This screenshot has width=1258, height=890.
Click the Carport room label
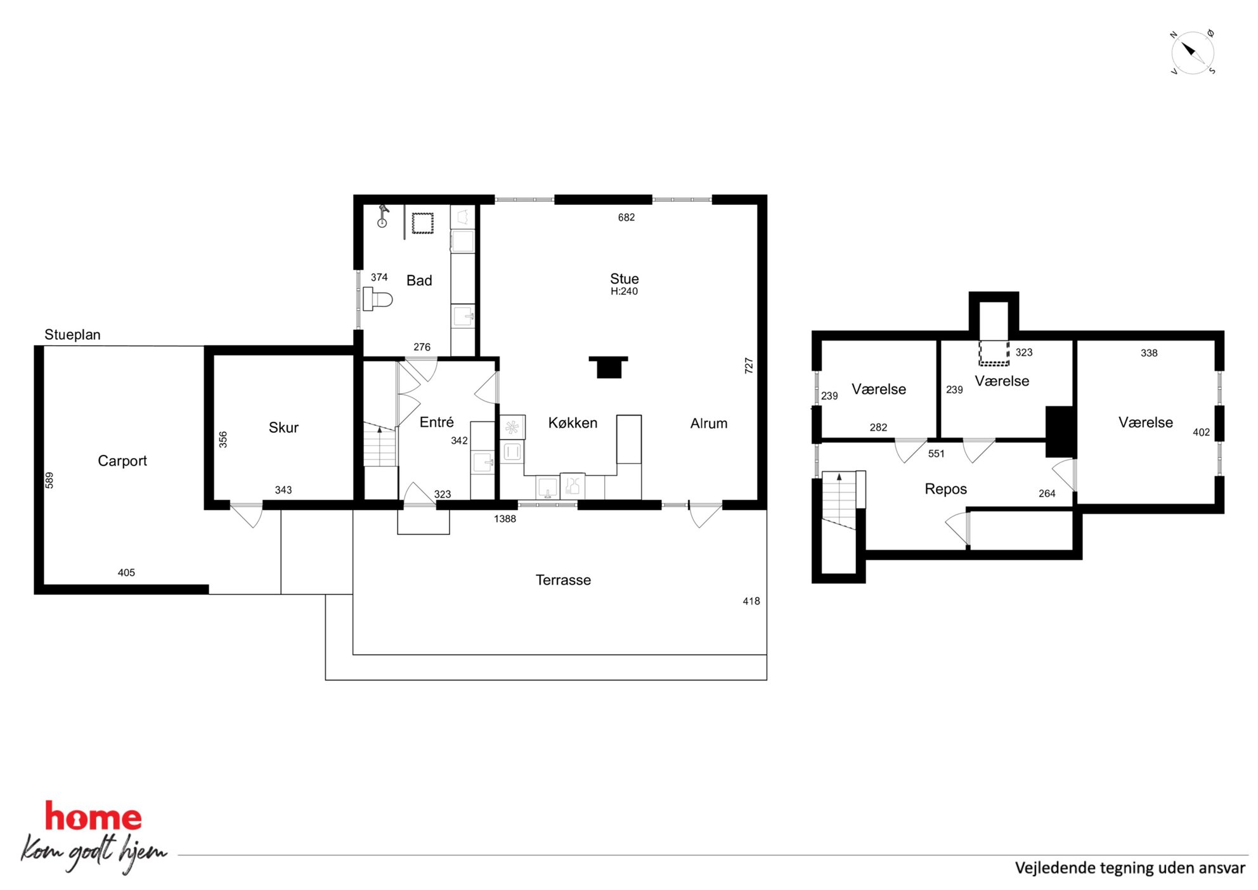pos(122,461)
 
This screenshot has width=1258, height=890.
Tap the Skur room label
pos(283,428)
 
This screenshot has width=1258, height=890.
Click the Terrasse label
pos(563,580)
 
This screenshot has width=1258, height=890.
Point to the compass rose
pos(1192,52)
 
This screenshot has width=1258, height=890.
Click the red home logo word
pos(93,817)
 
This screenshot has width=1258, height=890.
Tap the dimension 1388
pos(505,519)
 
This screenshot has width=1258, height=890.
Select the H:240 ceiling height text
pos(624,292)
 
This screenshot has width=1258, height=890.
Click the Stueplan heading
pos(72,335)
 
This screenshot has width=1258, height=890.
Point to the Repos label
pos(945,489)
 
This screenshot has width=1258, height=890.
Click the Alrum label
pos(709,424)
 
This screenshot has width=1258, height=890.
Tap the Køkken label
pos(573,423)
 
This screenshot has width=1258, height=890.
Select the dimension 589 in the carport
pos(49,480)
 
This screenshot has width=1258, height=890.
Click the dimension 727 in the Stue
pos(749,365)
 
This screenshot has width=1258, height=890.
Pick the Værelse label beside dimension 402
pos(1145,422)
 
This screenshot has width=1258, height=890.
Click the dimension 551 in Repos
pos(936,454)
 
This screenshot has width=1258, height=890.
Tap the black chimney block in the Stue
pos(609,367)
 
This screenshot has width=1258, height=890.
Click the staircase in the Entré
pos(380,445)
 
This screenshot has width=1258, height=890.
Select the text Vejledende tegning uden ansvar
pos(1130,868)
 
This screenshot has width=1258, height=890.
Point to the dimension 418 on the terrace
pos(751,601)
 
